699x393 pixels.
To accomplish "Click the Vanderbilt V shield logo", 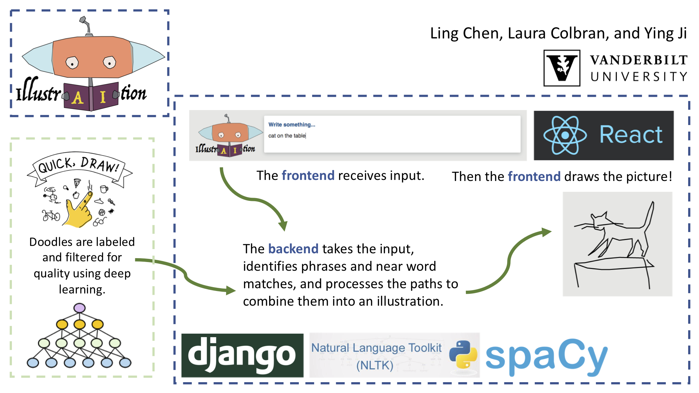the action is coord(562,68).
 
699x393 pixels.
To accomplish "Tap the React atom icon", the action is coord(565,135).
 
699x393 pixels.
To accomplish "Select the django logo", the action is coord(242,355).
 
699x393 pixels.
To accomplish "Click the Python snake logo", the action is coord(463,354).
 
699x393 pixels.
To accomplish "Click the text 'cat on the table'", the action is coord(287,136).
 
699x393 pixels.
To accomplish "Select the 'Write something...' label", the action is coord(292,125).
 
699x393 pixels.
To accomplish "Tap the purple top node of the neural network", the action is coord(80,308).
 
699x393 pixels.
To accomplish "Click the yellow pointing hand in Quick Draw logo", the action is coord(79,210).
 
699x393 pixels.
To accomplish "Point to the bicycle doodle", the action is coord(51,216).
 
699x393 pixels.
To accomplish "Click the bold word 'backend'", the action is coord(293,249).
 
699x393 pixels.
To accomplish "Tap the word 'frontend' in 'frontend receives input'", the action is coord(308,175).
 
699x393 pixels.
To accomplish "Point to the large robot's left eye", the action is coord(72,63).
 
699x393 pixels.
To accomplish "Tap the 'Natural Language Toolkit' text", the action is coord(376,348).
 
